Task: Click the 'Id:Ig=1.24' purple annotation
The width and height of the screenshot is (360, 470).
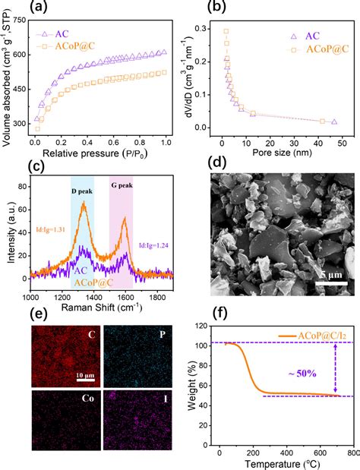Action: [x=158, y=246]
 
